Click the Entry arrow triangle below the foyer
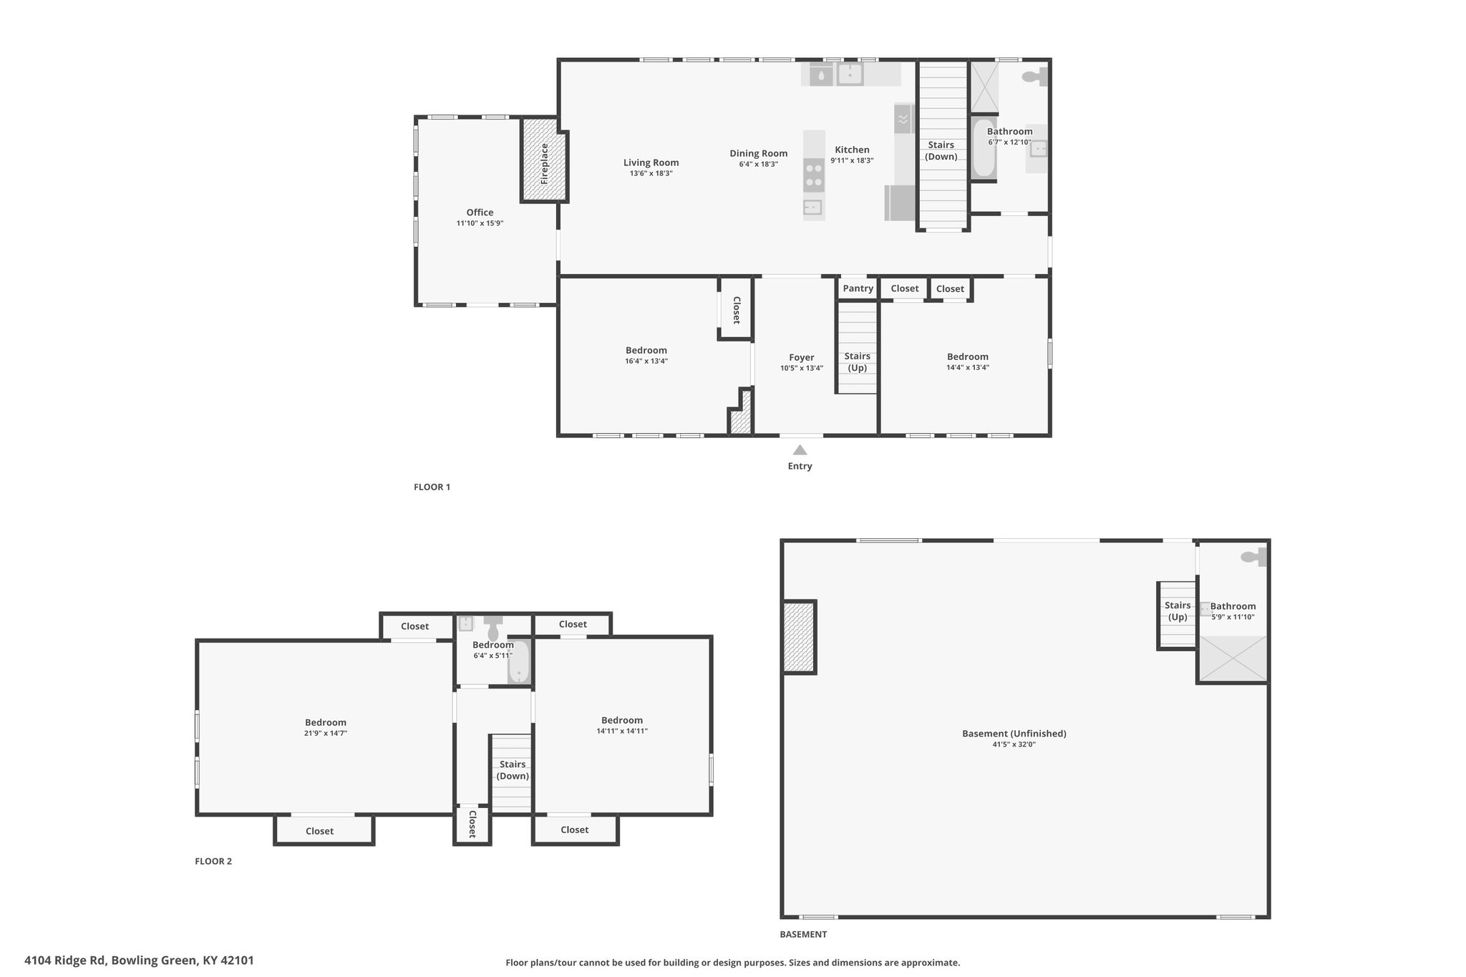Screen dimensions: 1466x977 (x=800, y=449)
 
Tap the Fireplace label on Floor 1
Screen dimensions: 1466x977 (x=544, y=164)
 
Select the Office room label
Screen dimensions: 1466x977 (x=480, y=212)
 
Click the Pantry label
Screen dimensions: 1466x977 (x=858, y=288)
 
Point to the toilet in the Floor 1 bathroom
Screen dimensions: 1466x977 (x=1034, y=77)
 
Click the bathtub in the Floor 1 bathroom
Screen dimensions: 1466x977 (x=984, y=148)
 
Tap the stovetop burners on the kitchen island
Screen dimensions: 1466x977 (x=813, y=175)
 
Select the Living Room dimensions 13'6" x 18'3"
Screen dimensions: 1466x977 (x=651, y=173)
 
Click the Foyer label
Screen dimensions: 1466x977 (x=802, y=357)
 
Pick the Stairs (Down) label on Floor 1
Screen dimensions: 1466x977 (x=941, y=150)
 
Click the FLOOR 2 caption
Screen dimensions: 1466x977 (x=213, y=861)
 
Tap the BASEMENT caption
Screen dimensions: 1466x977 (x=803, y=934)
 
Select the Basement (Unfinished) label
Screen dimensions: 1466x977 (x=1014, y=733)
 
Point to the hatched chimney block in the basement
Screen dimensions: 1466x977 (x=799, y=636)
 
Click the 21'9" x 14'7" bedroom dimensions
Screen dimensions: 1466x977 (x=326, y=733)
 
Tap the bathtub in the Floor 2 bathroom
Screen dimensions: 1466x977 (x=518, y=662)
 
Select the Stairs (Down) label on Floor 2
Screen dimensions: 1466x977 (x=513, y=770)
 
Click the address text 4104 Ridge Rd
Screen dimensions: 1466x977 (x=65, y=961)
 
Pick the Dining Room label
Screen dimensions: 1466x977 (x=758, y=153)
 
